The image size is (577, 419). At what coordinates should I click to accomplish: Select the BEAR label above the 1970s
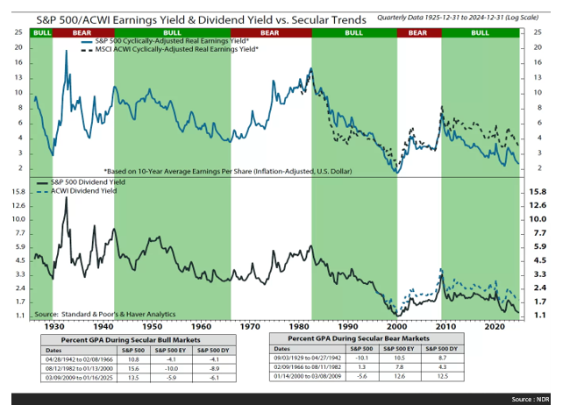click(x=271, y=32)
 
